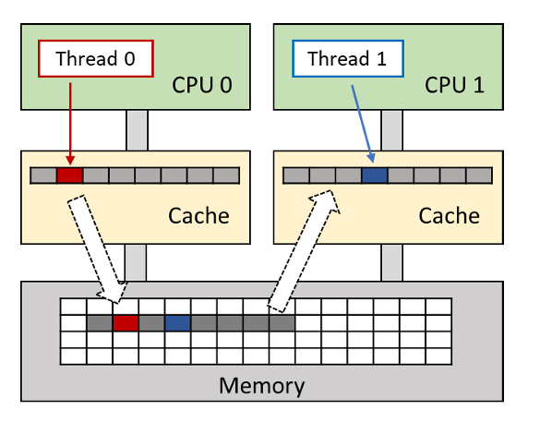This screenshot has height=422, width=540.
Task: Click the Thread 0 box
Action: point(95,59)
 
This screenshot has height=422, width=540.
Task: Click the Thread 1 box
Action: point(347,59)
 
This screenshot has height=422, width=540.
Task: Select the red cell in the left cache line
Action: point(69,175)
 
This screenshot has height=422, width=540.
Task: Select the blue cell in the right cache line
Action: point(374,175)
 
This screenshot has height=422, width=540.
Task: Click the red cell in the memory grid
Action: point(126,323)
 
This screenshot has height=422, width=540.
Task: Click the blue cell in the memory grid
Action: point(178,323)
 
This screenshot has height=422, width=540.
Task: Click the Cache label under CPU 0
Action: point(198,216)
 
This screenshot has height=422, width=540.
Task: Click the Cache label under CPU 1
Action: point(450,216)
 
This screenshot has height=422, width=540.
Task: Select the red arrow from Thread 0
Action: point(69,120)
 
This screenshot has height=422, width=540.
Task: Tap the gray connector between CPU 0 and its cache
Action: point(137,130)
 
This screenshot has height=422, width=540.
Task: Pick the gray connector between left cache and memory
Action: point(137,262)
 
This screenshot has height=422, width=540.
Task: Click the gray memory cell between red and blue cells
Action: point(151,323)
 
